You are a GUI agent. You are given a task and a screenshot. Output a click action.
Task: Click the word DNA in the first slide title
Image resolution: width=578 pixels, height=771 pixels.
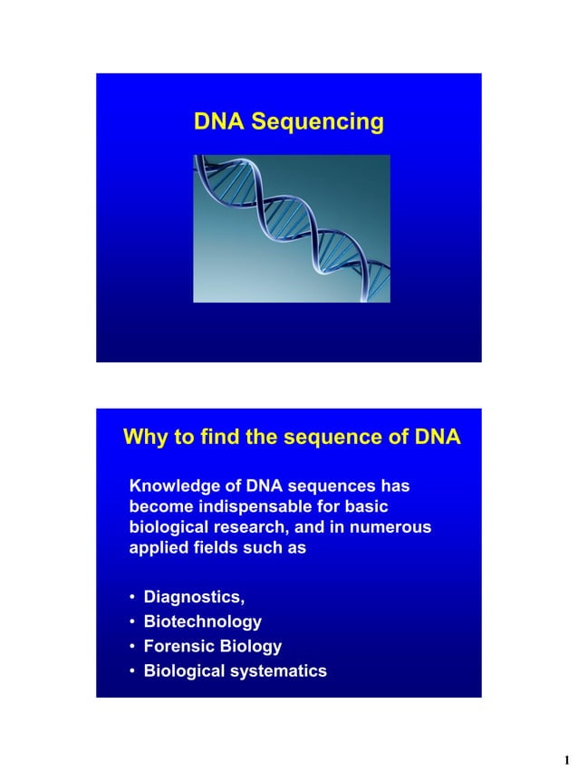tap(219, 121)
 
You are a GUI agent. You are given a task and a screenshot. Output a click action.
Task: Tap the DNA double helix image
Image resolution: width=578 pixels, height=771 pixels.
tap(291, 228)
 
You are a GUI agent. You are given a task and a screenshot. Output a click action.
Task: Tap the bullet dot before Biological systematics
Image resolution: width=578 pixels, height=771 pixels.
tap(132, 671)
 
